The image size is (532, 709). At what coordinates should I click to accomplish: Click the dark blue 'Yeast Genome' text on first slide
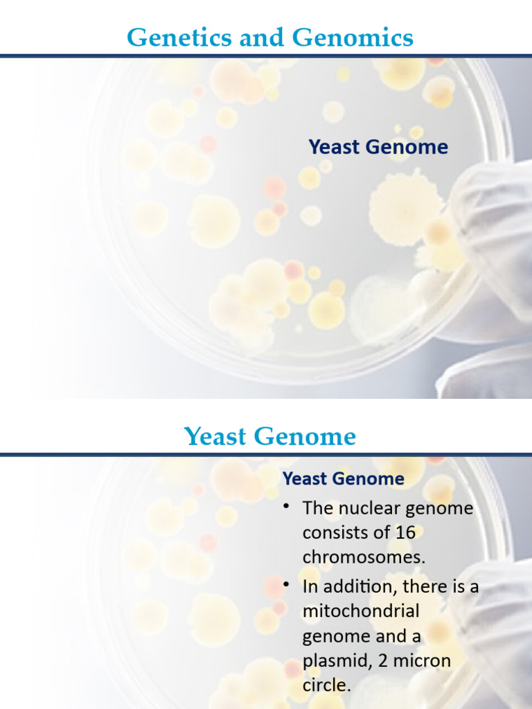pyautogui.click(x=378, y=147)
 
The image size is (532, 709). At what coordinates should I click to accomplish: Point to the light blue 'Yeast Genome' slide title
pyautogui.click(x=269, y=436)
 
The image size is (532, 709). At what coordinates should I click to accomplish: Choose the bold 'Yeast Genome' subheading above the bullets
pyautogui.click(x=344, y=478)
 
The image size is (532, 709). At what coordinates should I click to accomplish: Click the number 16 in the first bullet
pyautogui.click(x=405, y=533)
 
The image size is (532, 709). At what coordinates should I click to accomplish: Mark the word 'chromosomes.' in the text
pyautogui.click(x=364, y=557)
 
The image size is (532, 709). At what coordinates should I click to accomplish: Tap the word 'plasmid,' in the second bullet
pyautogui.click(x=335, y=661)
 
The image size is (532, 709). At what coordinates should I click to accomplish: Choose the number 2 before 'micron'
pyautogui.click(x=382, y=661)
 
